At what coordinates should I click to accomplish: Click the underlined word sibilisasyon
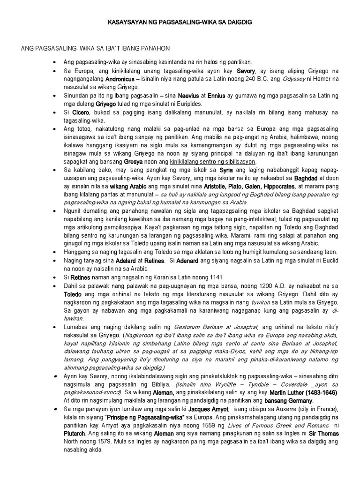pos(235,161)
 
